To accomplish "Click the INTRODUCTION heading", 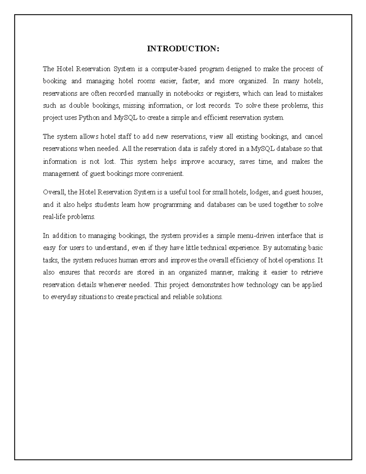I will [183, 49].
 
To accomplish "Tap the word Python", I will [89, 118].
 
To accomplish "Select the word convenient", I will [170, 174].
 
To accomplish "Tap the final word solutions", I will [209, 297].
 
